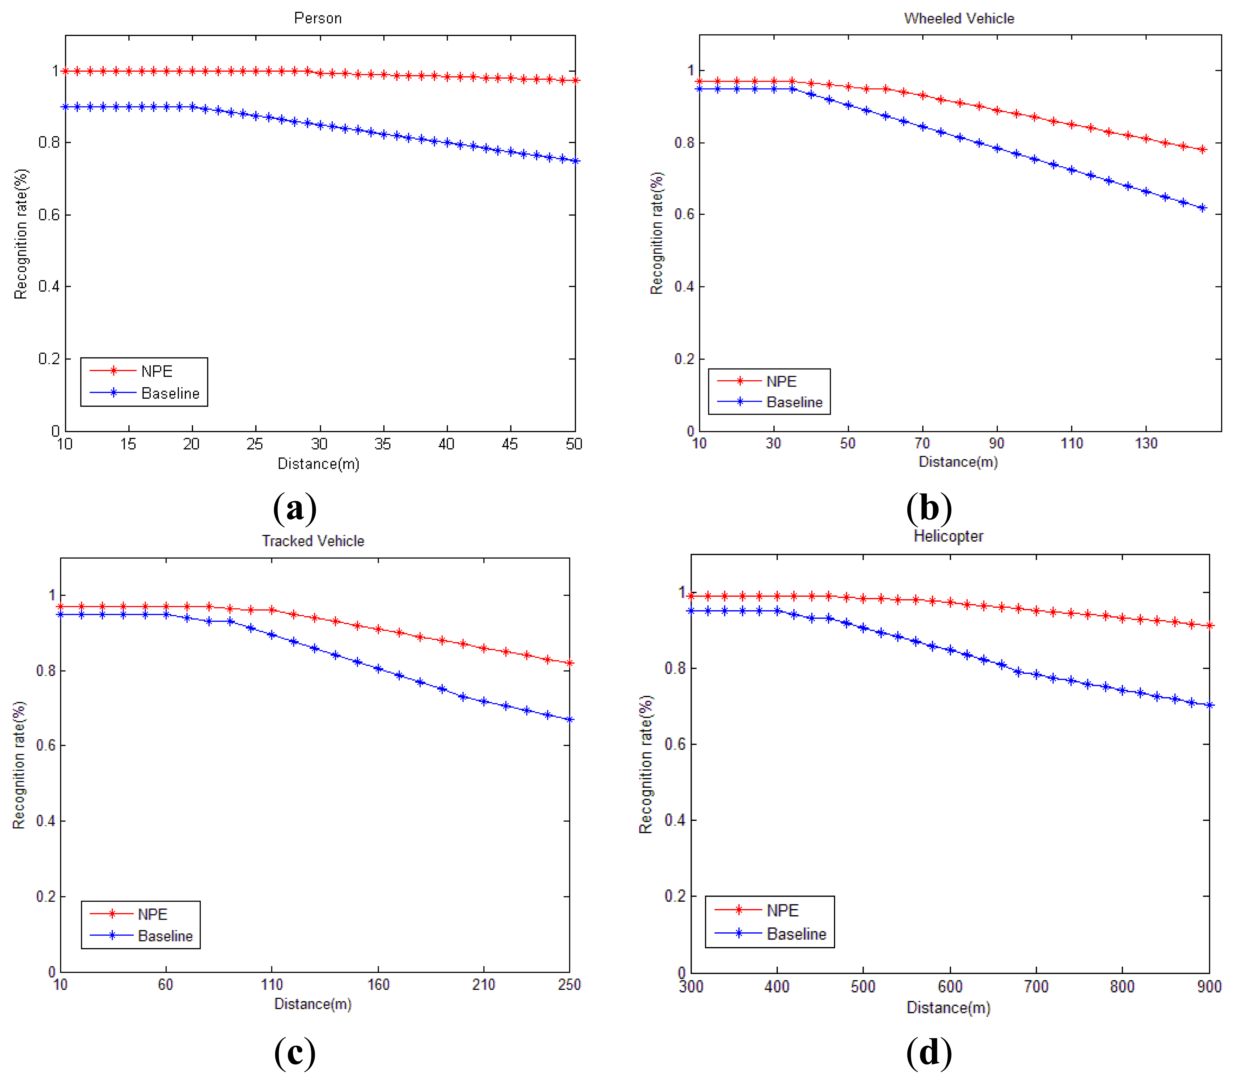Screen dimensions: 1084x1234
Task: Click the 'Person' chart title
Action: pos(318,18)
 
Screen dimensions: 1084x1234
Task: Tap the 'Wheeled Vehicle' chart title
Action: pos(959,18)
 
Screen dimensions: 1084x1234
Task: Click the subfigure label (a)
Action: pos(295,507)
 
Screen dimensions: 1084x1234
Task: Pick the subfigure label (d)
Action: pos(928,1052)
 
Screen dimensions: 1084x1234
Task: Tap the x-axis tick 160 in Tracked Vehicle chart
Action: pos(379,984)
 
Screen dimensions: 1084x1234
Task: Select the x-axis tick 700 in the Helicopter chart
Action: pos(1036,987)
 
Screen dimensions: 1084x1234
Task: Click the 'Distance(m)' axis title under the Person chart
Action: pos(318,464)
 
